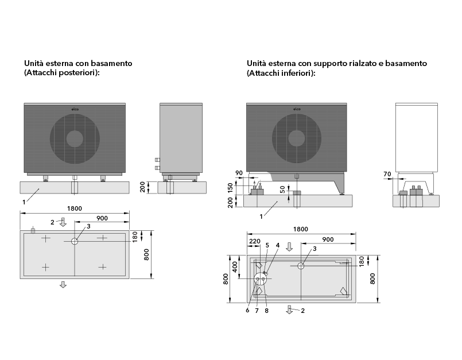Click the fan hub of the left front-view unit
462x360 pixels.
pyautogui.click(x=74, y=138)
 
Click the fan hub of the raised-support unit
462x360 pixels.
pyautogui.click(x=296, y=138)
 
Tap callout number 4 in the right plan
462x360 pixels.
pyautogui.click(x=278, y=245)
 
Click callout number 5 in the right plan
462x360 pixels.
pyautogui.click(x=267, y=245)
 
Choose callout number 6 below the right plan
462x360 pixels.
pyautogui.click(x=247, y=311)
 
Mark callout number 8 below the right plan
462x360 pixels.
pyautogui.click(x=266, y=311)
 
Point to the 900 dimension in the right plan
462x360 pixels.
pyautogui.click(x=328, y=239)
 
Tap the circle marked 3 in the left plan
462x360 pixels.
pyautogui.click(x=75, y=242)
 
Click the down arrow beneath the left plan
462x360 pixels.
pyautogui.click(x=63, y=285)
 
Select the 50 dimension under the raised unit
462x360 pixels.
pyautogui.click(x=282, y=189)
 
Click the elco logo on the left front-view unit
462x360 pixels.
pyautogui.click(x=74, y=109)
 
